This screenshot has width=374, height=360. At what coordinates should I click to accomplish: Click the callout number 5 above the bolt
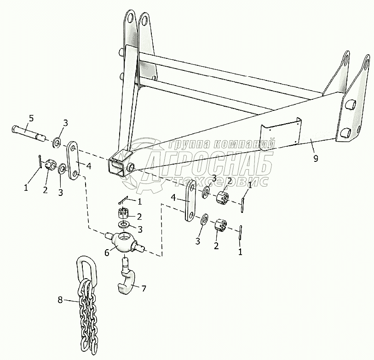[x=31, y=119]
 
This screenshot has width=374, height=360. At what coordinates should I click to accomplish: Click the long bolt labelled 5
[x=29, y=133]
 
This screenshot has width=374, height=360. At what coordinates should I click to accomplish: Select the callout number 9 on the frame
[x=316, y=158]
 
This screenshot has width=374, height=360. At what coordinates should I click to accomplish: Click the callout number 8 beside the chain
[x=60, y=300]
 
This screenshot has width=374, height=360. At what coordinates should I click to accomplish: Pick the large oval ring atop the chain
[x=87, y=269]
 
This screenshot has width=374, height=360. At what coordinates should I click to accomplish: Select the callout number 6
[x=107, y=252]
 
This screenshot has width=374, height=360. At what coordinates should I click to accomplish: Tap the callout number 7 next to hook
[x=144, y=288]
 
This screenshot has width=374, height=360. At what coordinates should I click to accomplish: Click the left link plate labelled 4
[x=74, y=161]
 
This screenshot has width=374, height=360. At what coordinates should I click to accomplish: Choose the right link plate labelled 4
[x=190, y=201]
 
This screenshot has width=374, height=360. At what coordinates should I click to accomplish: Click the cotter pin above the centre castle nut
[x=123, y=200]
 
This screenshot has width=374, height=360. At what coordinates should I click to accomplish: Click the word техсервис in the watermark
[x=221, y=182]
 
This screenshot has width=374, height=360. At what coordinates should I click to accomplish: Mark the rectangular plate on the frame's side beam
[x=280, y=134]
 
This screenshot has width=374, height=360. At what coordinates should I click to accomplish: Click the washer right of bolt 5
[x=57, y=143]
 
